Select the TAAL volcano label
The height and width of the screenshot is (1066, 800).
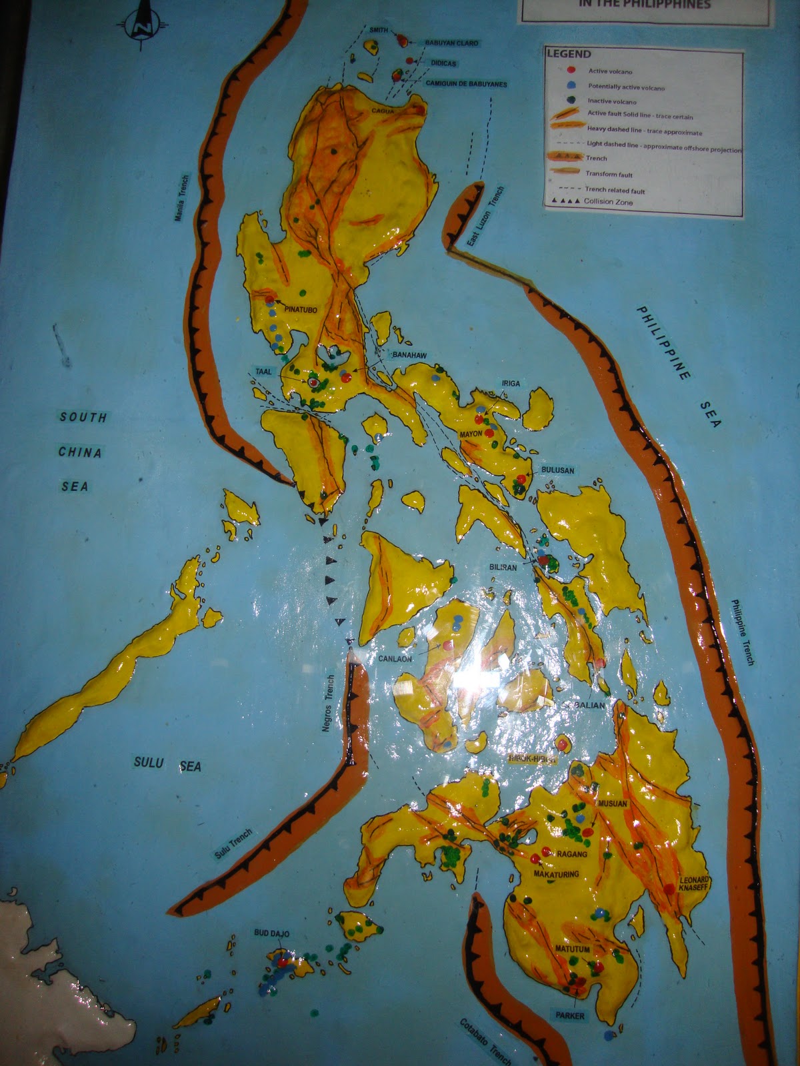[264, 372]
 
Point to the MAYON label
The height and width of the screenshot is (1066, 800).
[471, 434]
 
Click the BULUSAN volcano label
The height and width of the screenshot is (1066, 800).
[557, 470]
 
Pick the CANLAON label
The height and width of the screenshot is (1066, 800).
[395, 659]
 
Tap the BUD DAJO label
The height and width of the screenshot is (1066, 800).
[271, 933]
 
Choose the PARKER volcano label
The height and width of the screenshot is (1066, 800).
[570, 1016]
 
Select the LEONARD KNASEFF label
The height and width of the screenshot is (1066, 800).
[695, 884]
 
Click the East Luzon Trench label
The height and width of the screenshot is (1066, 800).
[486, 217]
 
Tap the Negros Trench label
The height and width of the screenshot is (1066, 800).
[327, 704]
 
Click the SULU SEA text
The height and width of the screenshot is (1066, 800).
[167, 764]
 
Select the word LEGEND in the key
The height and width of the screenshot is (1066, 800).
[569, 54]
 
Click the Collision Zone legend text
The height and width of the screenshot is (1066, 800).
[608, 202]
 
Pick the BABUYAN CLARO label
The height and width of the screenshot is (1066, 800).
[451, 43]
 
